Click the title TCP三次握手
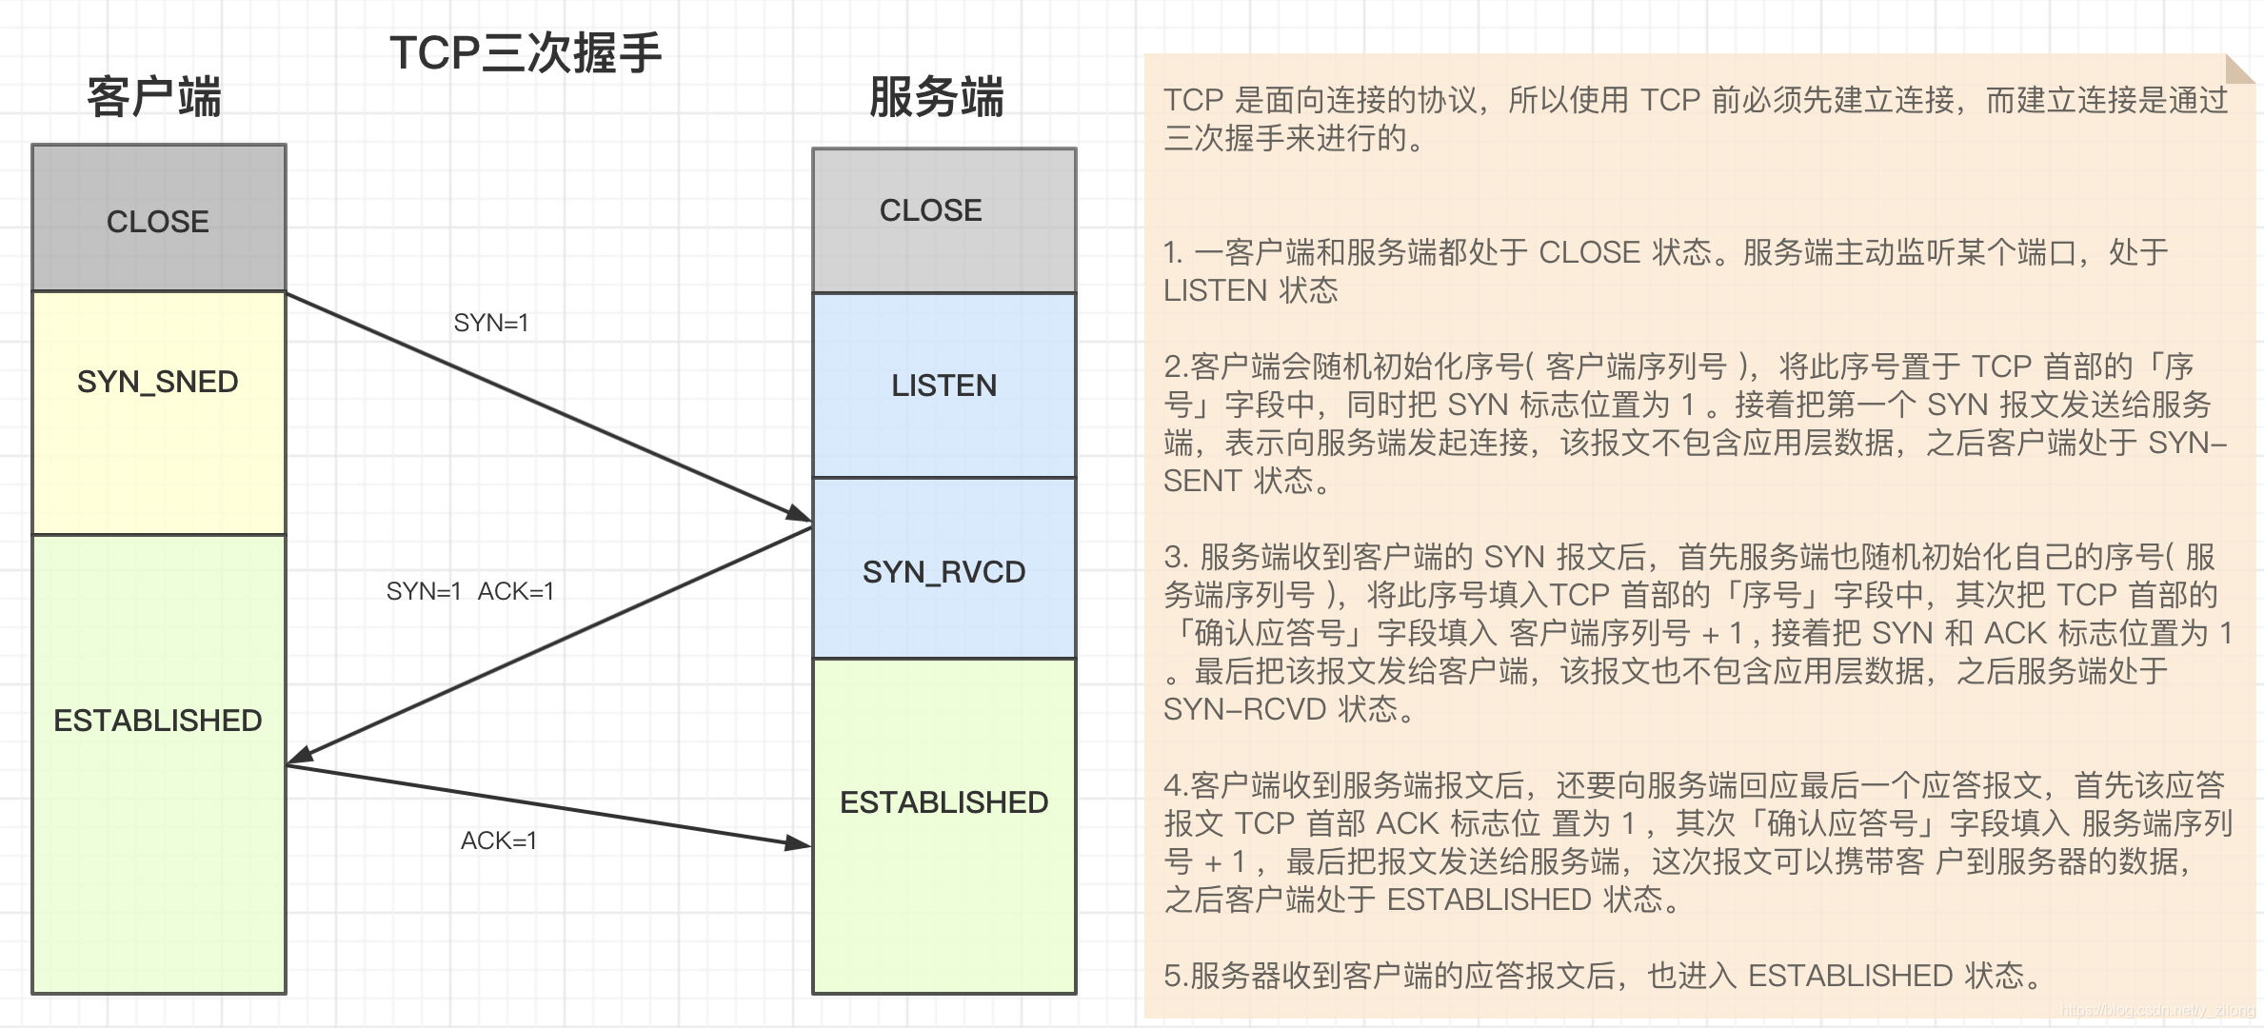tap(525, 52)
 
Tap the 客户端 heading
tap(154, 97)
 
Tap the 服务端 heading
tap(937, 97)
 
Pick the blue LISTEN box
tap(943, 385)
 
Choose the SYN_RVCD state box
tap(943, 571)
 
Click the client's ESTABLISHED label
tap(158, 721)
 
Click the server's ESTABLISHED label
tap(943, 802)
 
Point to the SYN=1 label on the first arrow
tap(491, 324)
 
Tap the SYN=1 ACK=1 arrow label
tap(470, 591)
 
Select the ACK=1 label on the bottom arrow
tap(499, 840)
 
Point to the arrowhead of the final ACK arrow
tap(799, 843)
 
